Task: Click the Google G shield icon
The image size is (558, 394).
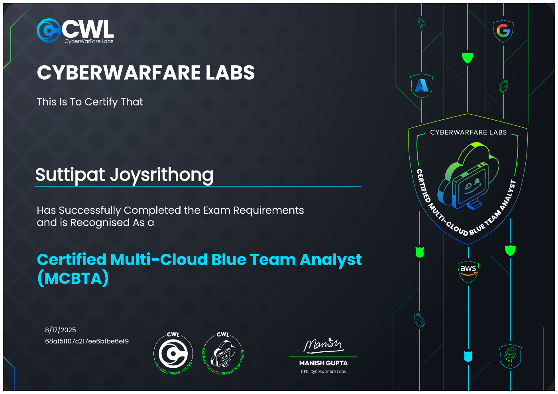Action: click(503, 31)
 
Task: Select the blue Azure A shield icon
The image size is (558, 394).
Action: click(422, 85)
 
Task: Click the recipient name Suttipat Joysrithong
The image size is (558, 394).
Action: click(124, 175)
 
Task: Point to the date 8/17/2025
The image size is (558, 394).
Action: click(61, 330)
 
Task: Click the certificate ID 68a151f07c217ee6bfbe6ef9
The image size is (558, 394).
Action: click(87, 341)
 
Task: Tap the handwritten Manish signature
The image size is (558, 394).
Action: click(323, 345)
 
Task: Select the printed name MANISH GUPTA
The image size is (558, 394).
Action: click(323, 363)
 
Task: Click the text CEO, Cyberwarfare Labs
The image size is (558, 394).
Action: click(323, 372)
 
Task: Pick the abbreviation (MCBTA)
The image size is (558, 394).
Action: click(73, 278)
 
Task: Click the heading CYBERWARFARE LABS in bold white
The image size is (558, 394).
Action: click(146, 73)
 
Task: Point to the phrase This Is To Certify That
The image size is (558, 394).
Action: click(90, 102)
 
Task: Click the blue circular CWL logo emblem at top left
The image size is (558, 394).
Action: click(49, 30)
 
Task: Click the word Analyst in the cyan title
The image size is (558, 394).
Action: click(331, 260)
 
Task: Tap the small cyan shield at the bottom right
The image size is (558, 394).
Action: click(468, 357)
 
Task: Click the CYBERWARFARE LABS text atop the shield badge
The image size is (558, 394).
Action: click(468, 132)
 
